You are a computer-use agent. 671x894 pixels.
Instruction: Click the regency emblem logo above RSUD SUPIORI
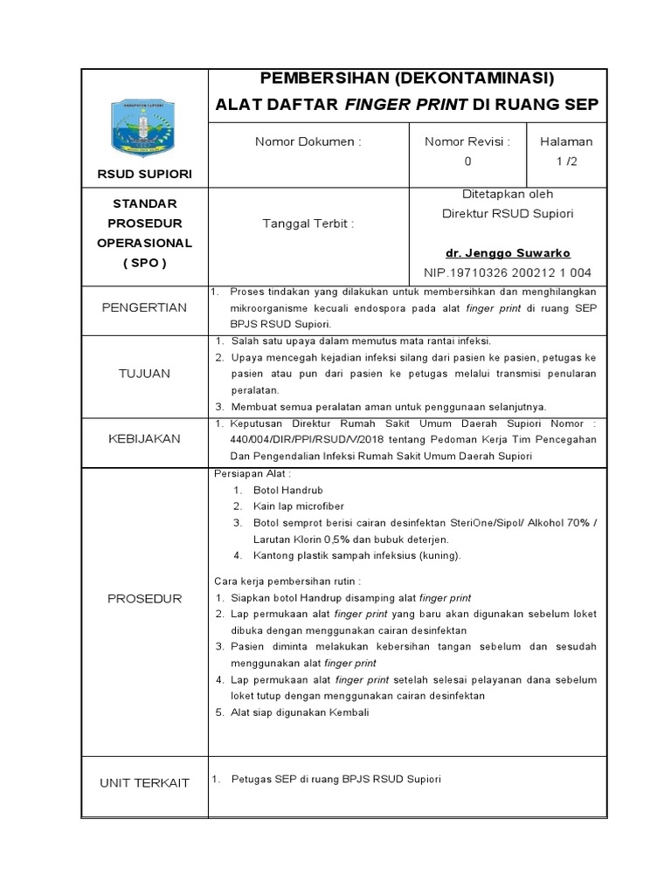pyautogui.click(x=144, y=127)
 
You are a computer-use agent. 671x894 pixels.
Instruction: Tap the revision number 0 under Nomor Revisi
pyautogui.click(x=467, y=162)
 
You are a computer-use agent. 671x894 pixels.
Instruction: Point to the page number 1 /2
pyautogui.click(x=566, y=162)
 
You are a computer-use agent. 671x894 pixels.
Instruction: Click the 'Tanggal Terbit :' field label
pyautogui.click(x=308, y=223)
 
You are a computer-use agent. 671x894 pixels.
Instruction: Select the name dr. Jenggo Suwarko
pyautogui.click(x=508, y=253)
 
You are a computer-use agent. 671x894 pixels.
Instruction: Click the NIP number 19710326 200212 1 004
pyautogui.click(x=508, y=272)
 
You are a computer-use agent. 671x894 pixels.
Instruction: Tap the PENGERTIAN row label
pyautogui.click(x=144, y=307)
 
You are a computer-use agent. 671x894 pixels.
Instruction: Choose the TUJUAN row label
pyautogui.click(x=144, y=374)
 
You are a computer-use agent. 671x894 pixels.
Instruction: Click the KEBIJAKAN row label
pyautogui.click(x=144, y=439)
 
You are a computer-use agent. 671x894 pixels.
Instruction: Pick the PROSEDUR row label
pyautogui.click(x=144, y=599)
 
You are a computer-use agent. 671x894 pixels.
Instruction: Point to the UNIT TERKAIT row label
pyautogui.click(x=144, y=783)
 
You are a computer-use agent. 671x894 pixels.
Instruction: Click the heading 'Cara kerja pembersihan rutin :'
pyautogui.click(x=287, y=581)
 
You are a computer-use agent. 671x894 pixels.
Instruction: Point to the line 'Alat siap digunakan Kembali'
pyautogui.click(x=301, y=712)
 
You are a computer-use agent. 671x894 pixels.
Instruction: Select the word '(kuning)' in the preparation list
pyautogui.click(x=437, y=555)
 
